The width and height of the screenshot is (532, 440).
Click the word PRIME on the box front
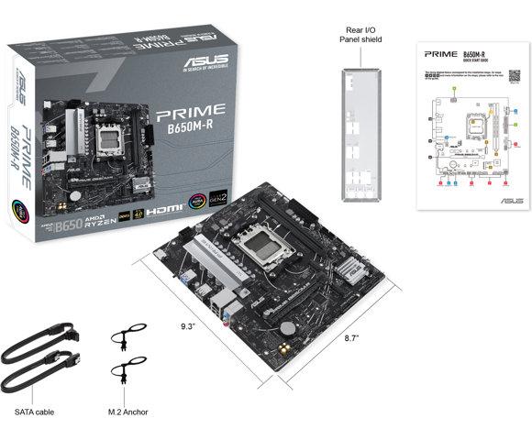(188, 116)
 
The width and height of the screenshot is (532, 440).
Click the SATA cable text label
(34, 412)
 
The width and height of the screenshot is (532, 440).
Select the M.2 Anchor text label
(132, 412)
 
